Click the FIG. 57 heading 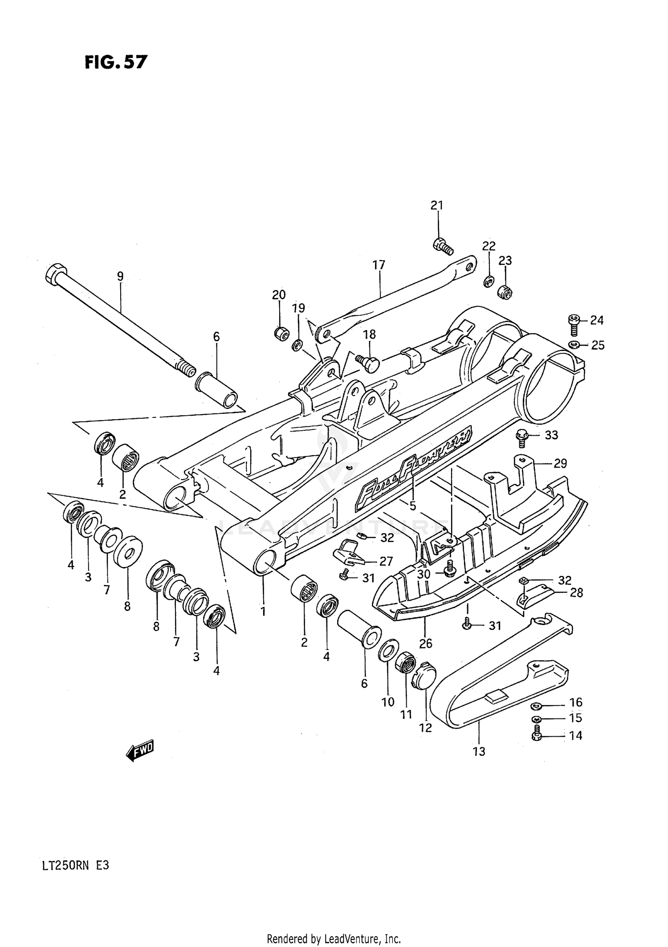point(115,62)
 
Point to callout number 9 point(120,276)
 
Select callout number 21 point(437,205)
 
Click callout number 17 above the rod point(379,265)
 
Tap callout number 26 point(425,643)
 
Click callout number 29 point(560,463)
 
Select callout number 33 point(551,435)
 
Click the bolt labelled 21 point(443,245)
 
